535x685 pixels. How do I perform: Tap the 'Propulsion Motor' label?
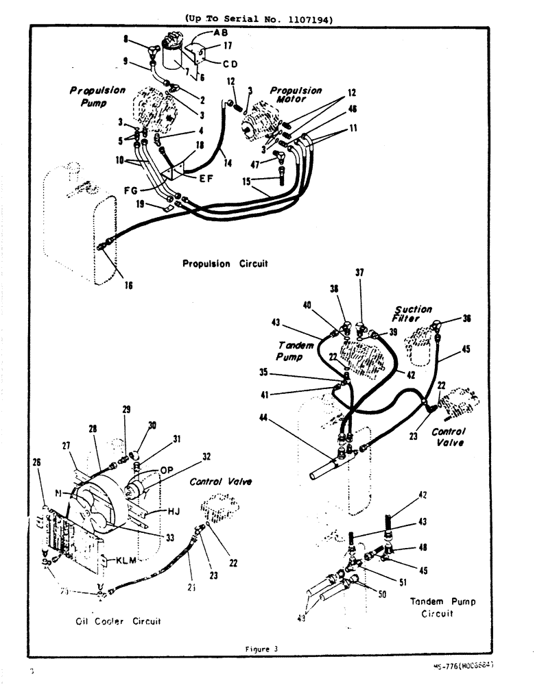pyautogui.click(x=296, y=95)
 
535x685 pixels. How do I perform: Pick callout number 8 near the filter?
pyautogui.click(x=126, y=40)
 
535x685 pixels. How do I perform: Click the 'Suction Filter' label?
pyautogui.click(x=412, y=314)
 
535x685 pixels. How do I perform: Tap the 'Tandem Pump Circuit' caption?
pyautogui.click(x=442, y=607)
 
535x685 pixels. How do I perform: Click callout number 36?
pyautogui.click(x=467, y=318)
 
